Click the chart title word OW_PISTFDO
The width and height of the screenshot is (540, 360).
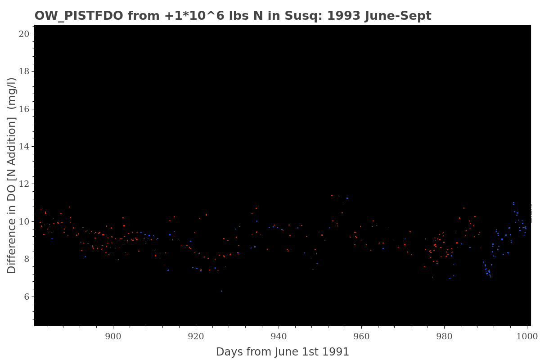(x=79, y=16)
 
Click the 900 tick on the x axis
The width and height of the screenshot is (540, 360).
(x=113, y=336)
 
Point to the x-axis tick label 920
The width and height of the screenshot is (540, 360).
(x=196, y=336)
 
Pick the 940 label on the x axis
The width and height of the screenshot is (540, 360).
(x=279, y=336)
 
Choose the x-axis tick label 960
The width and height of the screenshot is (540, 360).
(x=361, y=336)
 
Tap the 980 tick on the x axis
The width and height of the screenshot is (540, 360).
(x=444, y=336)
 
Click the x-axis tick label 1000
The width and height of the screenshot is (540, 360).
(x=527, y=336)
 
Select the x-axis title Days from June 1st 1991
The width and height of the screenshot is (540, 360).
(x=283, y=352)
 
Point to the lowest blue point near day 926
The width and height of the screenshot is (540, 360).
(x=221, y=291)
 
